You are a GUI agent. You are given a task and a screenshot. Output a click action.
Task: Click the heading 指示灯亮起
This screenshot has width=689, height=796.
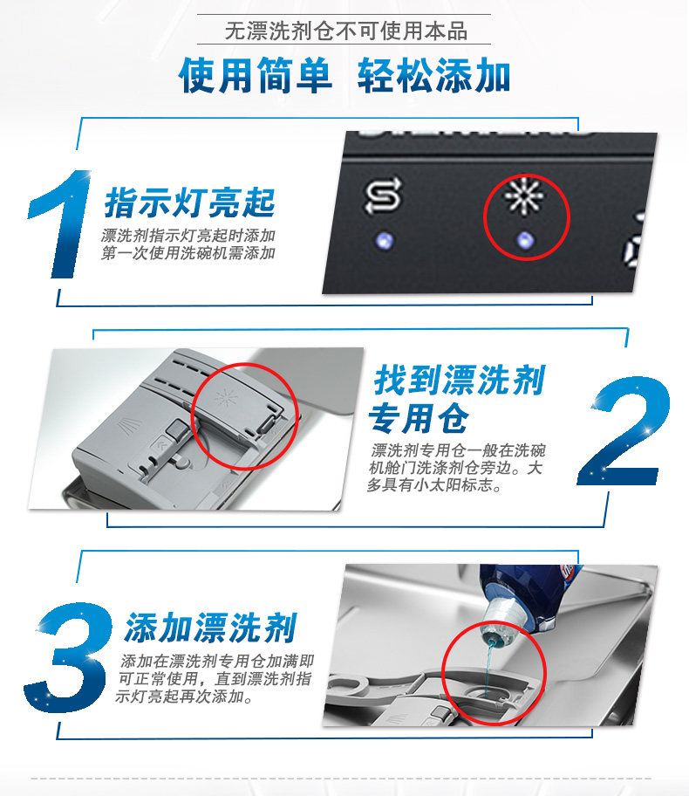click(190, 203)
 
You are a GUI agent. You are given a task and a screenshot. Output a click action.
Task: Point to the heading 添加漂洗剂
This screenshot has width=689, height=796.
click(210, 628)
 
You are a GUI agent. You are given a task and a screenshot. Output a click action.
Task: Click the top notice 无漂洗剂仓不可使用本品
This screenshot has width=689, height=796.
click(345, 32)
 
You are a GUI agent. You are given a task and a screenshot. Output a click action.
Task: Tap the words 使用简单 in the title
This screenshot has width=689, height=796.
click(256, 76)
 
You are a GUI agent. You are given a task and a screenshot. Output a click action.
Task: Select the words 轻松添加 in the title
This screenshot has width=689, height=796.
click(433, 76)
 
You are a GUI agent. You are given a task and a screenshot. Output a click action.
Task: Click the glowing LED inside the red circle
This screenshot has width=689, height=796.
click(523, 238)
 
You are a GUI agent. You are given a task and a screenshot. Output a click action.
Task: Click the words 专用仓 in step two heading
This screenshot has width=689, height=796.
click(419, 419)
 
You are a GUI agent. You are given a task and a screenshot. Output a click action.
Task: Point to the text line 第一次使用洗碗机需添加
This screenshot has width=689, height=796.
click(189, 254)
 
